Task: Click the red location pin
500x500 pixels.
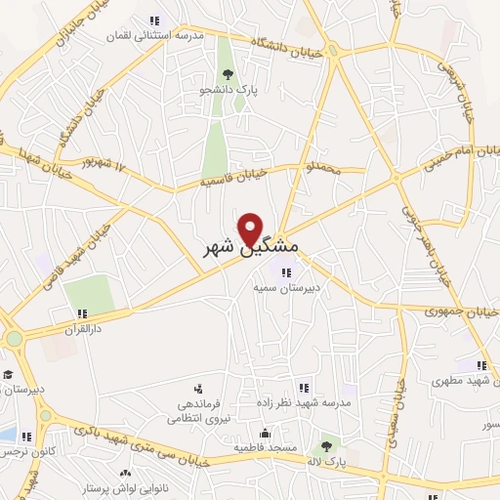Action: pos(252,229)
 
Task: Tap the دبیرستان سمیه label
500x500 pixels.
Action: pos(285,288)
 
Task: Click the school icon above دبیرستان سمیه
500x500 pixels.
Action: pos(286,272)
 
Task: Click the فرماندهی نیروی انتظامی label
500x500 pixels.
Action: pos(198,409)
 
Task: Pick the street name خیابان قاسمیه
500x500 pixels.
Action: pos(233,175)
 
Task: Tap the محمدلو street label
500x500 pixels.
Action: pos(323,169)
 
